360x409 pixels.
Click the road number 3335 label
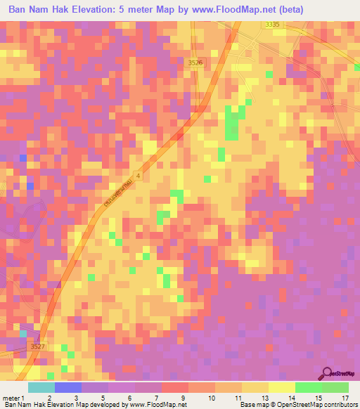click(272, 25)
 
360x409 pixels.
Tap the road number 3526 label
click(195, 63)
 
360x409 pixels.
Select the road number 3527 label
click(37, 346)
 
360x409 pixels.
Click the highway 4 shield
click(139, 175)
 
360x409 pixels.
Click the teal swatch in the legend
click(41, 387)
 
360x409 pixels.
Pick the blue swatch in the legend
click(67, 387)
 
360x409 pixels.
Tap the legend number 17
click(345, 398)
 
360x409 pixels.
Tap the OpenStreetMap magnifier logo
click(328, 373)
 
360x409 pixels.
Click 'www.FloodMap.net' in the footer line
click(158, 405)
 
